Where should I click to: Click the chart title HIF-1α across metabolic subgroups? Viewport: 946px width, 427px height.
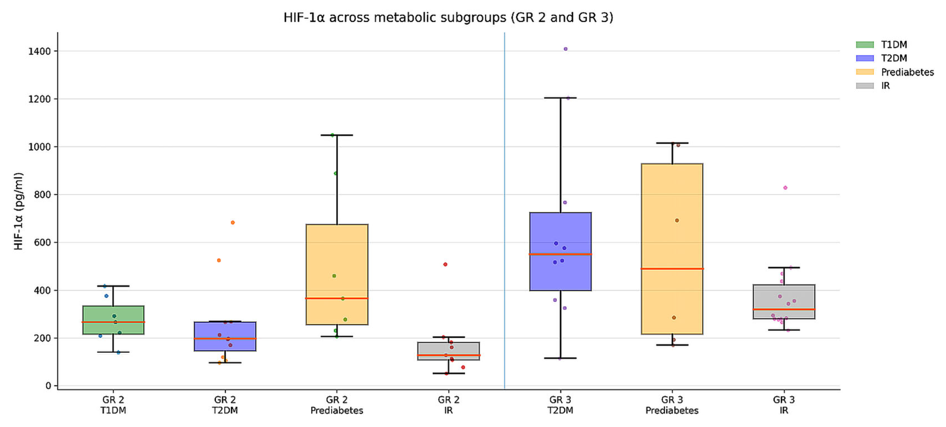click(x=448, y=17)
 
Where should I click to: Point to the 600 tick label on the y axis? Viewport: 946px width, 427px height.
click(x=42, y=243)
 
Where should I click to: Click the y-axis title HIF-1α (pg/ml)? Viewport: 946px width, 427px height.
click(x=18, y=211)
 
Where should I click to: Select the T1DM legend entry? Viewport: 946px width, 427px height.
click(x=893, y=45)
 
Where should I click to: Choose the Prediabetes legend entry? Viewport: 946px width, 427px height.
click(x=907, y=72)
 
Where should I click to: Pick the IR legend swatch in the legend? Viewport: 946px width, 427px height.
click(x=865, y=86)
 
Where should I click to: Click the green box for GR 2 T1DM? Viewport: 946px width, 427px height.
click(x=113, y=312)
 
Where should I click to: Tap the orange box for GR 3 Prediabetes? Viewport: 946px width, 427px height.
click(x=672, y=221)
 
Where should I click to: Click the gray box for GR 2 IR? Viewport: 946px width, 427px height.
click(x=448, y=349)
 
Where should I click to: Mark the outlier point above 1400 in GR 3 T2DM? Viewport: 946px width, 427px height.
click(x=566, y=49)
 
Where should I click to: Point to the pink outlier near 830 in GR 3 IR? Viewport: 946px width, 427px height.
click(x=785, y=188)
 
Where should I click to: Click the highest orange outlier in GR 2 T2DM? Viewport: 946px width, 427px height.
click(x=232, y=223)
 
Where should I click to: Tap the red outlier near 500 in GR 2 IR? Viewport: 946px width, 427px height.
click(x=445, y=265)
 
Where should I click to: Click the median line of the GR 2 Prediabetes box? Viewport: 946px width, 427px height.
click(x=337, y=298)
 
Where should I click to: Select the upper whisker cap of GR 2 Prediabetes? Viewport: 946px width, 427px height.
click(x=337, y=135)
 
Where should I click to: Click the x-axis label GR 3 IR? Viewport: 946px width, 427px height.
click(x=784, y=405)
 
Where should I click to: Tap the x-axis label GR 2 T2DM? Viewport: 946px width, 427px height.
click(x=225, y=405)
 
